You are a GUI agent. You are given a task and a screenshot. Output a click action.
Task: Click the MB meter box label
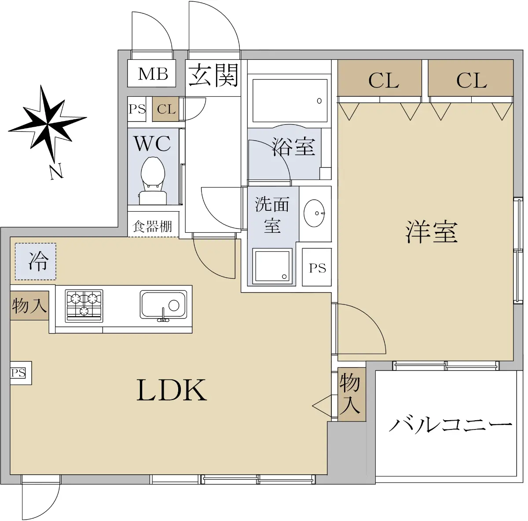pos(153,74)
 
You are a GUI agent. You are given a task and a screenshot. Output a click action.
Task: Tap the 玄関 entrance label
pos(213,75)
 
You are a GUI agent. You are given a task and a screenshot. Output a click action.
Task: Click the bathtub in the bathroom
pos(290,101)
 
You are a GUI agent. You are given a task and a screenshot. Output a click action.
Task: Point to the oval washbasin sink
pos(314,213)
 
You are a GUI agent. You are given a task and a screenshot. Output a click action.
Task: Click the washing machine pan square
pos(272,266)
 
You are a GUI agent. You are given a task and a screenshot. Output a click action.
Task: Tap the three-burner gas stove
pos(84,305)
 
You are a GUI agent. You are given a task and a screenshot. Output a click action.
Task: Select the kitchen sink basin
pos(164,305)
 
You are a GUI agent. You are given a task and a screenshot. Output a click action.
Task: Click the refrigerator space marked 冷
pos(36,261)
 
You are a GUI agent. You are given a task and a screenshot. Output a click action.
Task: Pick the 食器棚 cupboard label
pos(152,226)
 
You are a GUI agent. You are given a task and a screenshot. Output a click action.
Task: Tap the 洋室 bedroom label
pos(431,231)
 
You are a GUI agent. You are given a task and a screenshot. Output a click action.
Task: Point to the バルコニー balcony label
pos(450,425)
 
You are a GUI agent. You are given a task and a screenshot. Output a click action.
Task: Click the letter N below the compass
pos(57,172)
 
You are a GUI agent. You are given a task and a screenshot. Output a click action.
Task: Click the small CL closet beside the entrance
pos(166,109)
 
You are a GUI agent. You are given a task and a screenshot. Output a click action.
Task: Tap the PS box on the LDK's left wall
pos(21,373)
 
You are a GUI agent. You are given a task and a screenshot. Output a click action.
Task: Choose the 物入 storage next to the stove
pos(29,305)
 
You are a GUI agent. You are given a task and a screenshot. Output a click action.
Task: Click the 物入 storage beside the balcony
pos(352,394)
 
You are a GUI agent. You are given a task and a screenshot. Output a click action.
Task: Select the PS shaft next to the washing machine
pos(317,267)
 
